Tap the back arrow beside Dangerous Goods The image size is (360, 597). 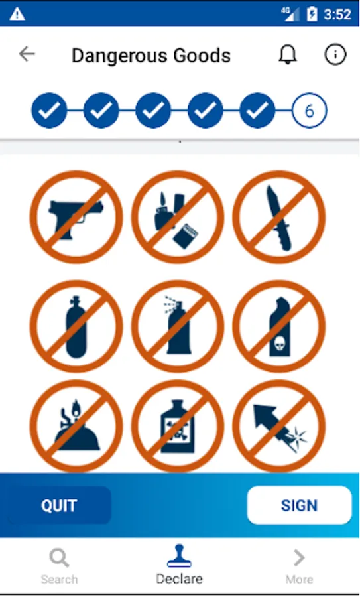coord(27,54)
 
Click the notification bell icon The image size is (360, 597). coord(288,55)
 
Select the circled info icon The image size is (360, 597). coord(335,54)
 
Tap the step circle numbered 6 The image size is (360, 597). coord(310,110)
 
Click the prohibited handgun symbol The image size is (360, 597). coord(76,217)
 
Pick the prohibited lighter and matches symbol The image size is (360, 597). coord(178,217)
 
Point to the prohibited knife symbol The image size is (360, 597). coord(279,217)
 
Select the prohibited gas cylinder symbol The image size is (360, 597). coord(76,326)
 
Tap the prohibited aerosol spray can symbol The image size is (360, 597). coord(178,326)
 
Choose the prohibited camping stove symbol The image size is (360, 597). coord(76,426)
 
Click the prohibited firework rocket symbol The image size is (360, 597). coord(279,426)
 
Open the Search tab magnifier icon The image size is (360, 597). coord(60,558)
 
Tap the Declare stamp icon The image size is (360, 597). coord(179,557)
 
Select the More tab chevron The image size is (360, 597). coord(300,558)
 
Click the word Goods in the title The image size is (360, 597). coord(202,56)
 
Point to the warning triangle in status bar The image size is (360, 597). coord(17,14)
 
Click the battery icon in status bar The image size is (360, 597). coord(312,14)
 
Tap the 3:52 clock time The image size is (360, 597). coord(337,15)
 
